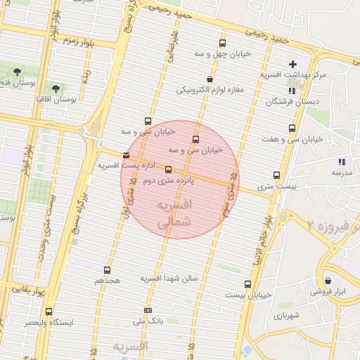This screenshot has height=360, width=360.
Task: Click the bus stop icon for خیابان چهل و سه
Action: click(222, 43)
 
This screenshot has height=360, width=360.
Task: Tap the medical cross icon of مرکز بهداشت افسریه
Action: click(292, 65)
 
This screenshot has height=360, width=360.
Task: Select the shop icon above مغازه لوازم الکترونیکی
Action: click(210, 79)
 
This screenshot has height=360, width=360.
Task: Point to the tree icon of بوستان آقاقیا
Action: click(56, 89)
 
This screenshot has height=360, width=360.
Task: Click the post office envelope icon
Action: click(126, 155)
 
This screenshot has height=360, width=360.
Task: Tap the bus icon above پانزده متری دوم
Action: click(167, 169)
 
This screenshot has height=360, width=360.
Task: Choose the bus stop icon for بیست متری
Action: click(276, 176)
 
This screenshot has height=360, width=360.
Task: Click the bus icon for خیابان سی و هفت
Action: click(292, 128)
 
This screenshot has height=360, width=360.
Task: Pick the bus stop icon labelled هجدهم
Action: click(107, 269)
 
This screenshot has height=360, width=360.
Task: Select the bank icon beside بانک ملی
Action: click(148, 310)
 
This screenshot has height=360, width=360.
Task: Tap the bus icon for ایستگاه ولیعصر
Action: click(49, 311)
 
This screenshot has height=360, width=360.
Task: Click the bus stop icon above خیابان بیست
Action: click(247, 284)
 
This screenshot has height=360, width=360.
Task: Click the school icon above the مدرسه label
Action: click(342, 162)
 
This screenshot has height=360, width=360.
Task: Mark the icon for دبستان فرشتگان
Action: click(292, 91)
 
